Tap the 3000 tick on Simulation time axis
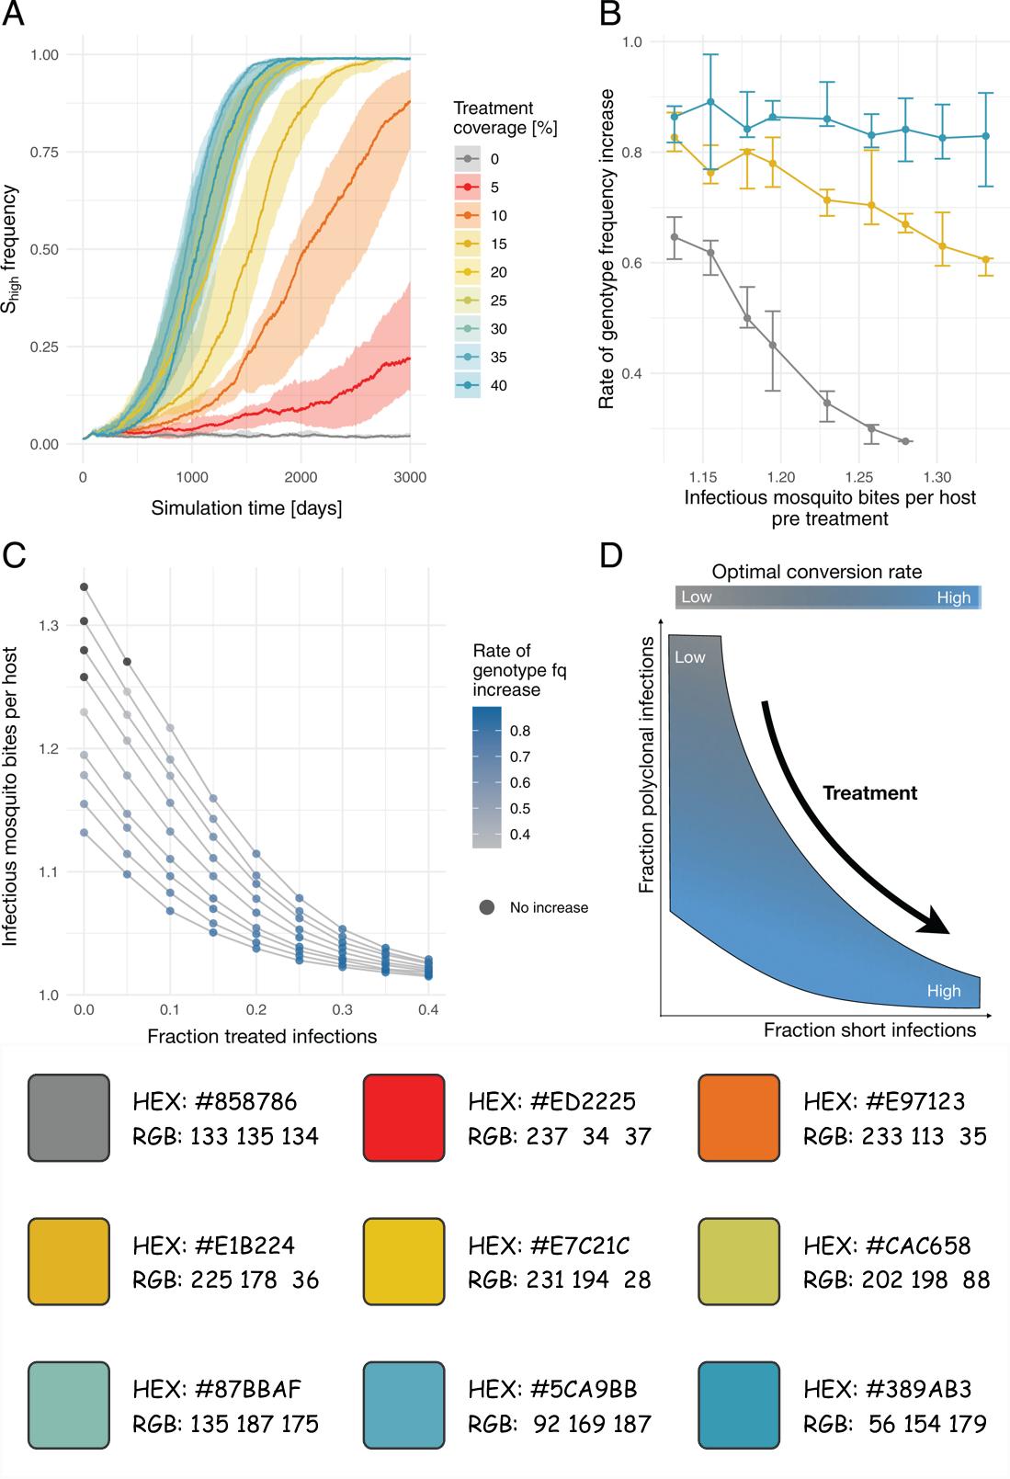coord(410,477)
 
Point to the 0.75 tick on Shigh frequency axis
coord(44,153)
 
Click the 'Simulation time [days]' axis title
coord(246,508)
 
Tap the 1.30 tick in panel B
coord(937,477)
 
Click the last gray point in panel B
coord(905,442)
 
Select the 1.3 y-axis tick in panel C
coord(49,626)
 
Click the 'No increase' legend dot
coord(487,907)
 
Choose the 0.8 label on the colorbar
coord(520,732)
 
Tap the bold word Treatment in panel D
coord(869,793)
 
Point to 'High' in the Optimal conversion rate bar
coord(953,597)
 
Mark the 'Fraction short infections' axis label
coord(869,1030)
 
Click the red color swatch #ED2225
coord(403,1118)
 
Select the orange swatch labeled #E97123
coord(739,1118)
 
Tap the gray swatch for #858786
coord(69,1118)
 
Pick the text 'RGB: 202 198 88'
coord(896,1280)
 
